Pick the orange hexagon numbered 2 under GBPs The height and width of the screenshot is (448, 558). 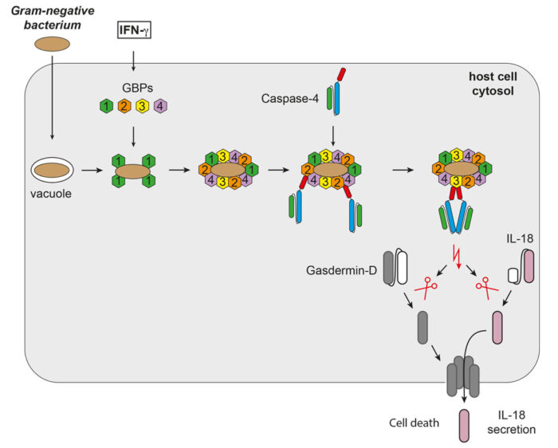point(124,105)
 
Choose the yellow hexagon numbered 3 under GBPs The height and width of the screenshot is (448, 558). point(143,105)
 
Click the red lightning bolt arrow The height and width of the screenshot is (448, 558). point(457,257)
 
